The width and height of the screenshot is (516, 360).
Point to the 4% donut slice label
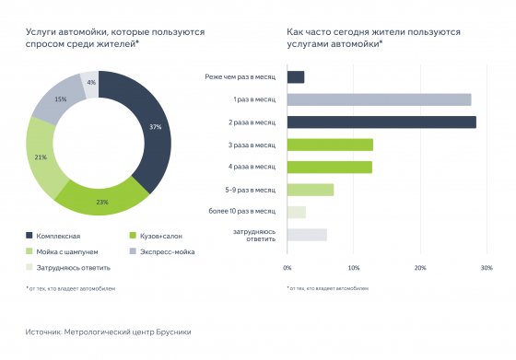(90, 82)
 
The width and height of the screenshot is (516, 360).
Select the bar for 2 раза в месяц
(381, 122)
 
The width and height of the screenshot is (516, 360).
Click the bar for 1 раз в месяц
(379, 99)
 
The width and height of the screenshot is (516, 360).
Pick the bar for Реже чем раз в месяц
(296, 77)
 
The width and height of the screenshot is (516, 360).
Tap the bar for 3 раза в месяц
(330, 145)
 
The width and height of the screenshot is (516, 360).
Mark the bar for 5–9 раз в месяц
(311, 190)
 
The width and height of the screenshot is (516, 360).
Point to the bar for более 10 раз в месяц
(297, 212)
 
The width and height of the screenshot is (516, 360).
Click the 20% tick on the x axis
(420, 267)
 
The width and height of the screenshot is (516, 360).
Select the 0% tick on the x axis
(287, 267)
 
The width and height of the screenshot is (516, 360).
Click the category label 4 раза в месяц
(253, 167)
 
